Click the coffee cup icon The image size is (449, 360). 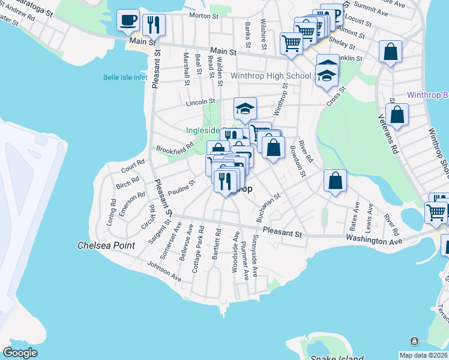pos(128,21)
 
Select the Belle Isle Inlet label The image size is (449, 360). pos(125,77)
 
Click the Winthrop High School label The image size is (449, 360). pos(271,76)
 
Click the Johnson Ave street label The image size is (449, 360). pos(164,271)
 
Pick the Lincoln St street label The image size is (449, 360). pos(200,102)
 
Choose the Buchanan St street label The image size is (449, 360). pos(268,208)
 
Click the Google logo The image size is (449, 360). pos(20,353)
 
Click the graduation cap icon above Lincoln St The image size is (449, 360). pos(245,109)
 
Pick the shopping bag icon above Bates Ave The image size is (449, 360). pos(335,180)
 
